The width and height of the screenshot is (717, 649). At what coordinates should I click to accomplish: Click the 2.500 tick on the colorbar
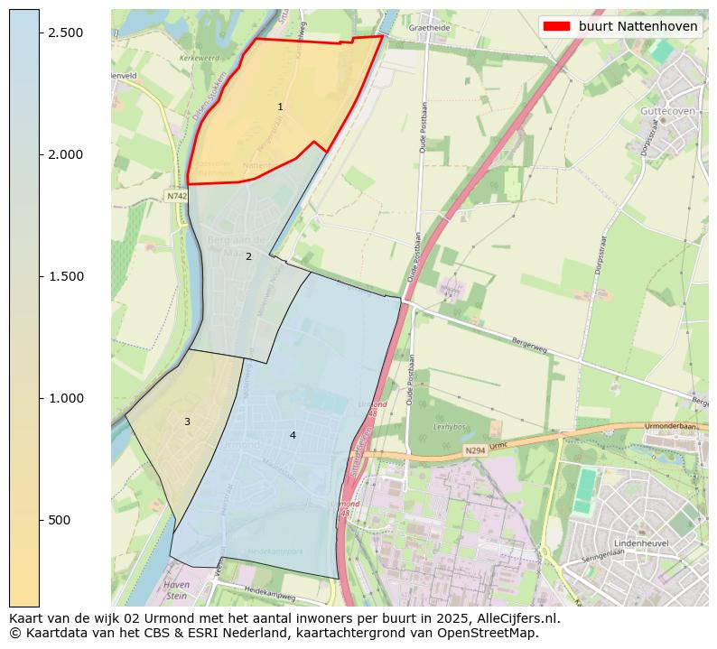point(66,32)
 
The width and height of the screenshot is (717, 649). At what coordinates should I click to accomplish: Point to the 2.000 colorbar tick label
point(66,154)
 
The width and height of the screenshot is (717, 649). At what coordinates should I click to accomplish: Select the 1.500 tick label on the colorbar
point(66,276)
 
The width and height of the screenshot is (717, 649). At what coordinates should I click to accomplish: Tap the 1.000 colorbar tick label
point(66,398)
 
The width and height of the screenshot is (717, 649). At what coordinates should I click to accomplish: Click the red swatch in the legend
point(556,26)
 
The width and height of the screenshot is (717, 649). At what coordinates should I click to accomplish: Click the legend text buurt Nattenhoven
point(638,26)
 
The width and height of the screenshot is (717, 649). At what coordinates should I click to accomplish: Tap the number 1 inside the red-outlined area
point(280,107)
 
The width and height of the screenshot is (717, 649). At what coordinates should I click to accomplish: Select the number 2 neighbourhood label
point(248,256)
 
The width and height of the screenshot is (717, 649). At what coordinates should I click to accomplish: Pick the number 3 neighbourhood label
point(187,422)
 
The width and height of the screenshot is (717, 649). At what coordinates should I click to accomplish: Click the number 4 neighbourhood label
point(293,435)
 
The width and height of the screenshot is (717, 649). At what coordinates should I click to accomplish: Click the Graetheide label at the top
point(429,28)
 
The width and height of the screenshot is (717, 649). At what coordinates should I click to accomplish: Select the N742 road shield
point(177,196)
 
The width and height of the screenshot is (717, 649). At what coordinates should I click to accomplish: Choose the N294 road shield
point(475,450)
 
